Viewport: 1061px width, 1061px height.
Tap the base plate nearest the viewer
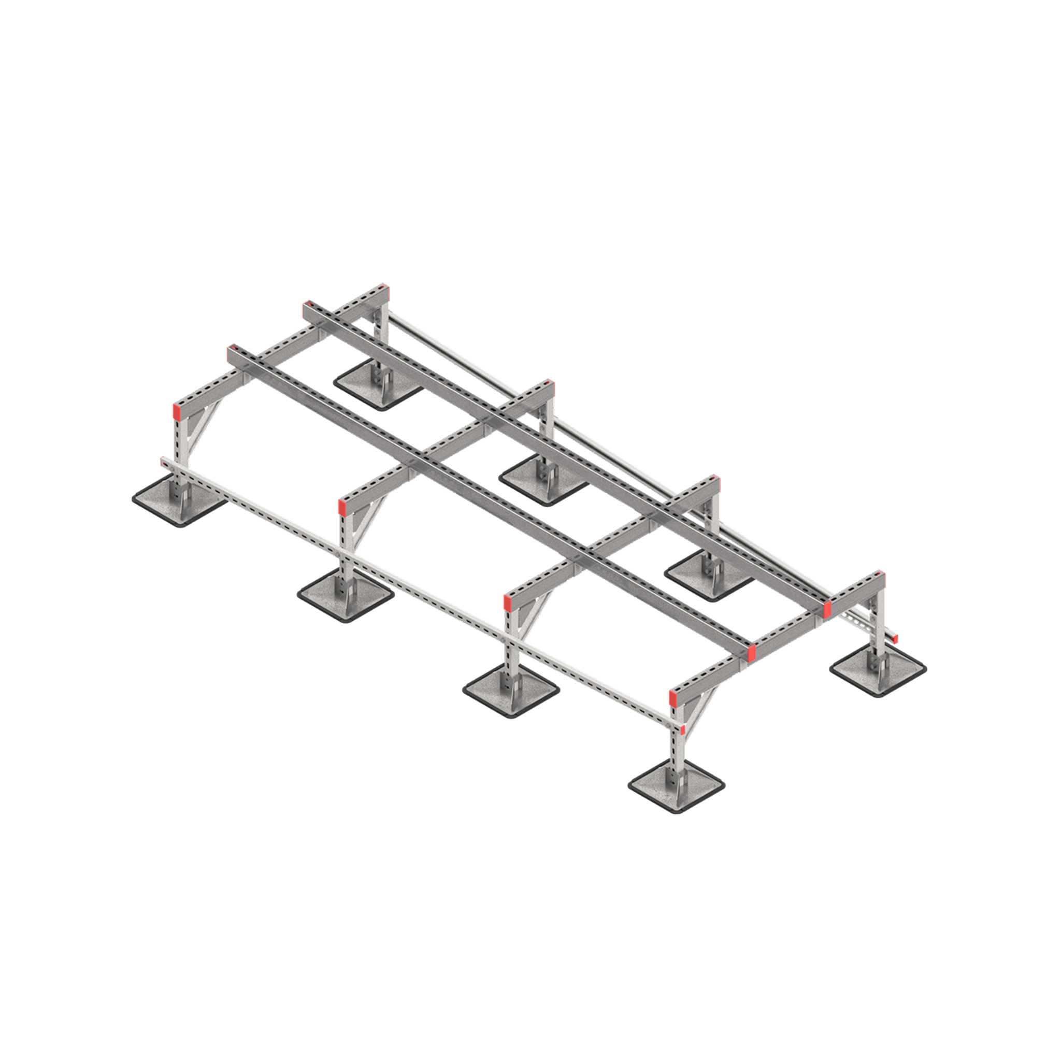click(x=676, y=784)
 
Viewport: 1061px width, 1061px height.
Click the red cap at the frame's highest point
click(x=385, y=290)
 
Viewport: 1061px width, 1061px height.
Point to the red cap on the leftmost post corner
click(x=177, y=410)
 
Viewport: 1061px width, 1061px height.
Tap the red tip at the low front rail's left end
click(x=162, y=461)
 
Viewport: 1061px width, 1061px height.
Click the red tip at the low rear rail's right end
click(x=895, y=639)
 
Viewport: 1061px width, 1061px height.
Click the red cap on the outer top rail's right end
click(x=752, y=652)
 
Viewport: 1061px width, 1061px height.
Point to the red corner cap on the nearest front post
click(x=673, y=697)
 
